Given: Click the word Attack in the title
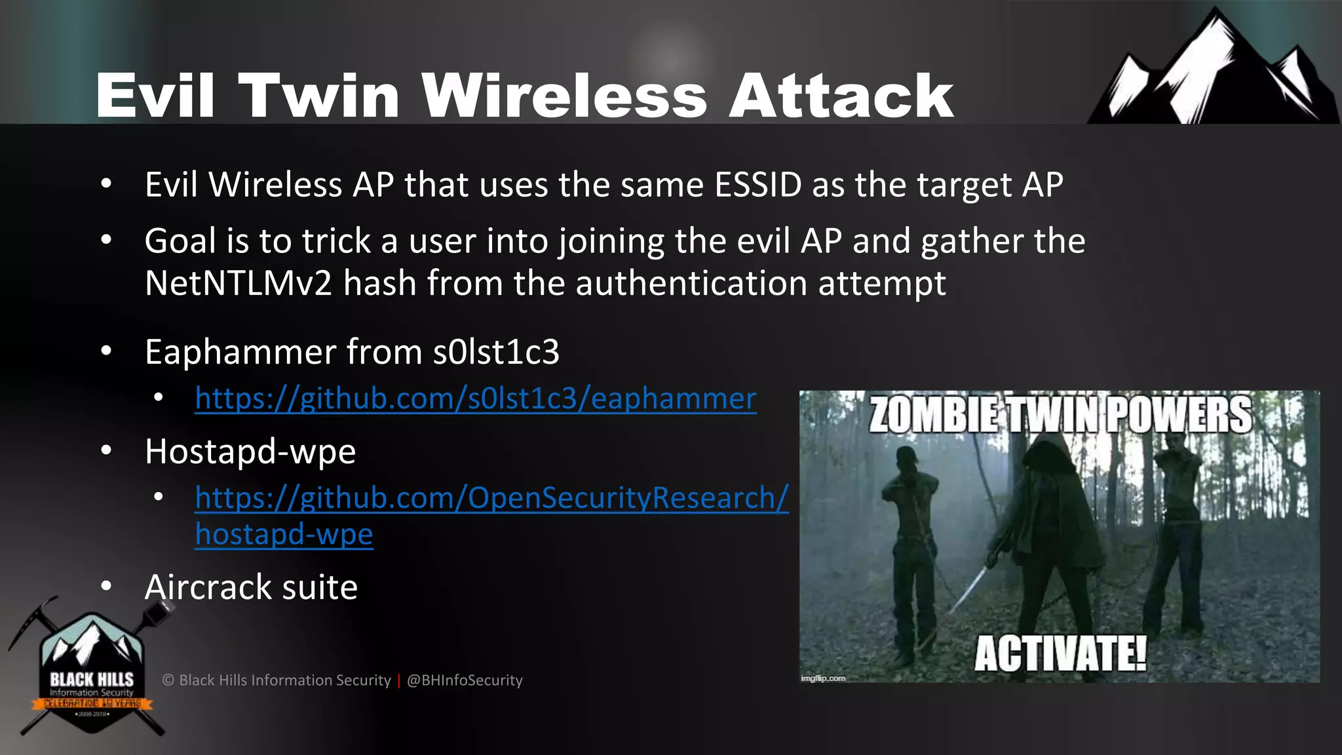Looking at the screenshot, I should click(x=841, y=96).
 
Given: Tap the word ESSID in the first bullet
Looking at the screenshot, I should click(x=758, y=185).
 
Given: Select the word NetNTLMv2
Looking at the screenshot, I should click(x=239, y=284).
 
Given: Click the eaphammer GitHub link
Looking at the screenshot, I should click(x=476, y=399).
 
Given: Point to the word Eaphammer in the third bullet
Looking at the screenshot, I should click(x=240, y=353).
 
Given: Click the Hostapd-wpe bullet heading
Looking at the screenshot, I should click(x=250, y=452).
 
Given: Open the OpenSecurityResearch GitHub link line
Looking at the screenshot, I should click(x=491, y=499).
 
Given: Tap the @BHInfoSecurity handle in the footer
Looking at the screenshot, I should click(x=465, y=680).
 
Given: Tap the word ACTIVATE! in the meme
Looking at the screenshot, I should click(x=1060, y=653).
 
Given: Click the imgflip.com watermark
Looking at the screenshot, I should click(x=823, y=678).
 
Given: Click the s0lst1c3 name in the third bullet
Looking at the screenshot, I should click(x=496, y=353).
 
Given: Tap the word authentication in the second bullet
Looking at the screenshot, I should click(x=691, y=284).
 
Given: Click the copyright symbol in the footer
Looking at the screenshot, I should click(x=168, y=680).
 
